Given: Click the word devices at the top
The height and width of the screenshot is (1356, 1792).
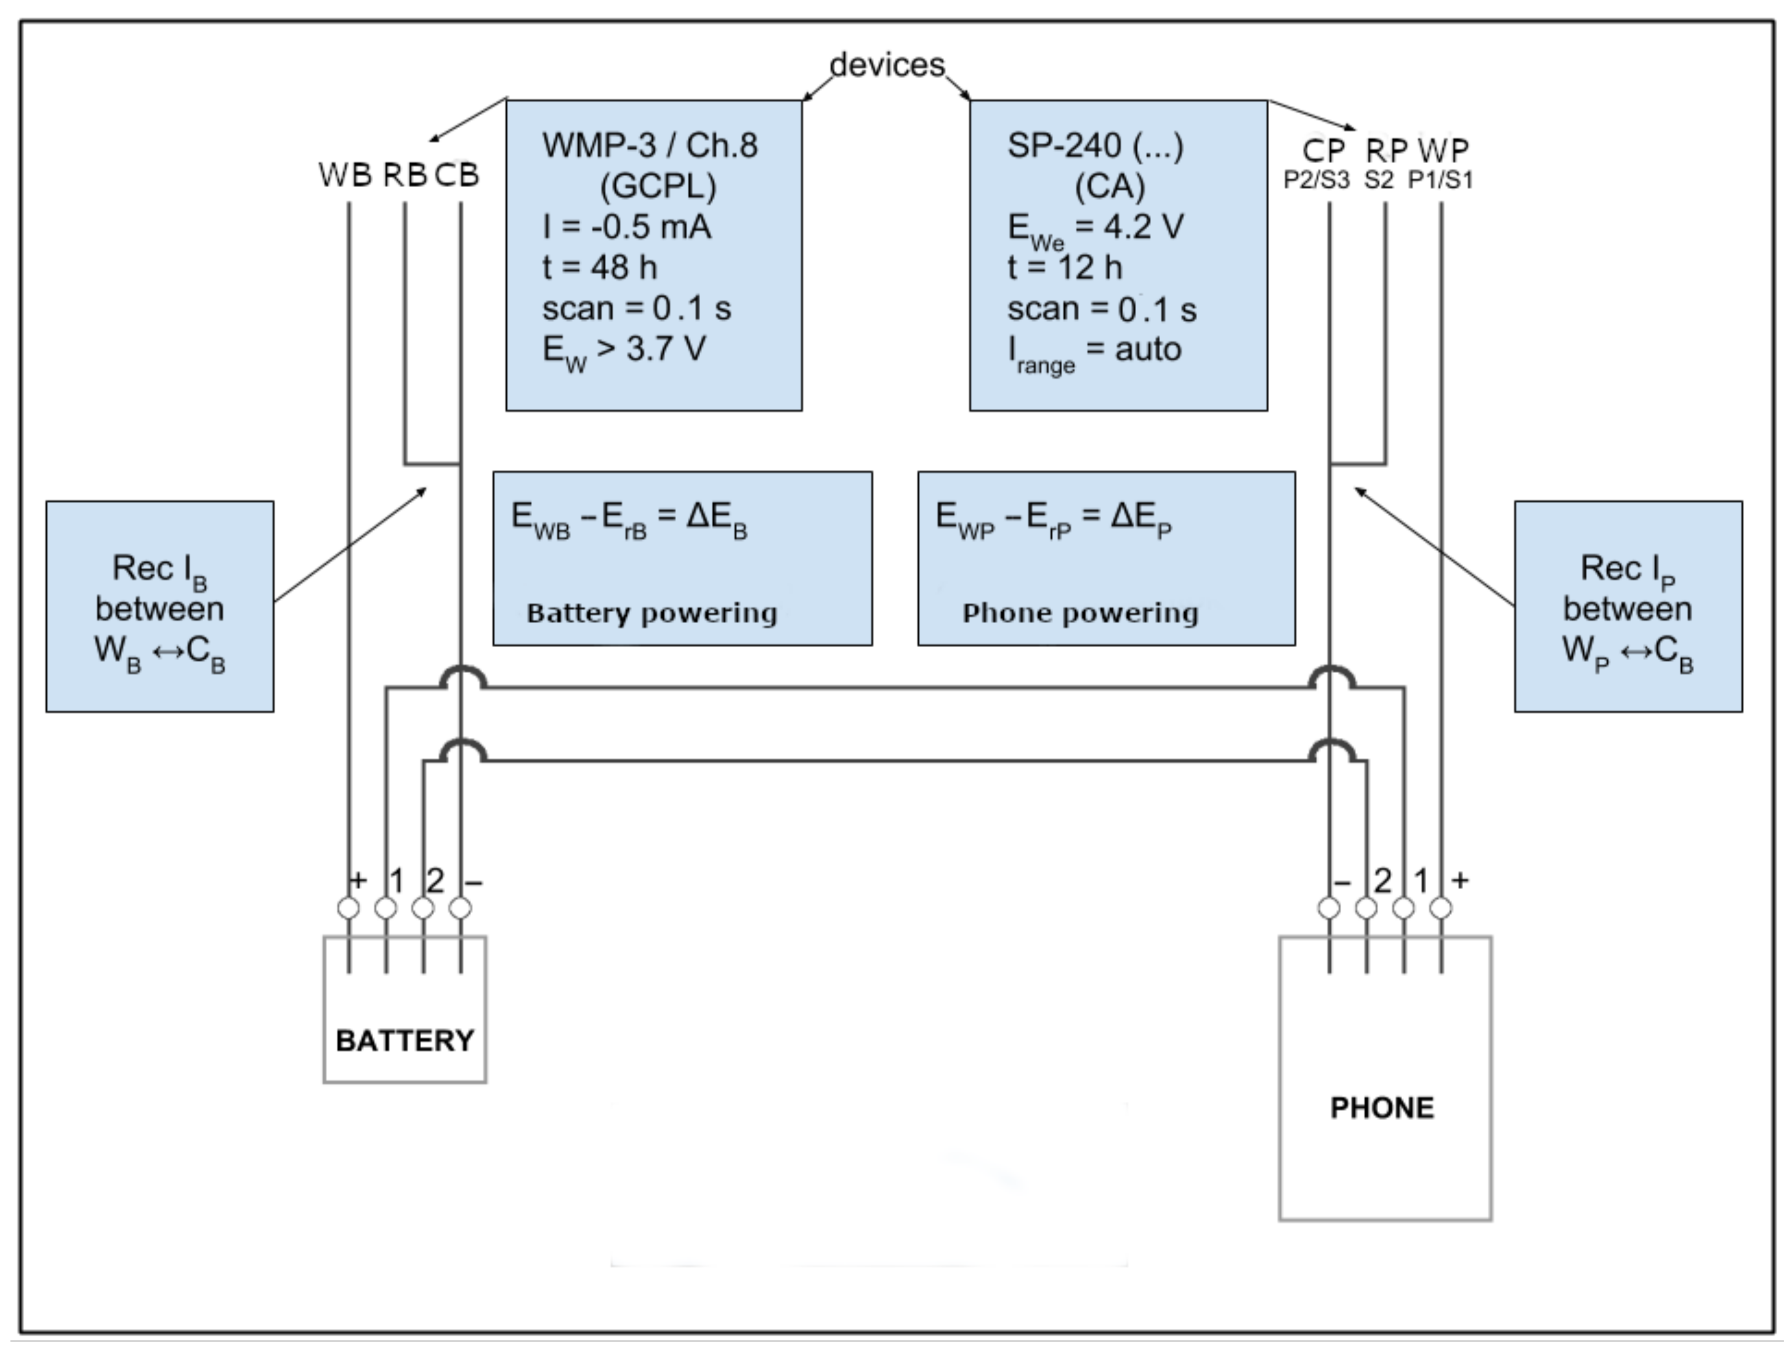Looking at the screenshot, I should click(887, 65).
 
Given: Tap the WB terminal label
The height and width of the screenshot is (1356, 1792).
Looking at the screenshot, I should click(345, 175).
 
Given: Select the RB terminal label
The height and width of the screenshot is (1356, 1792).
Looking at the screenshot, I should click(404, 175).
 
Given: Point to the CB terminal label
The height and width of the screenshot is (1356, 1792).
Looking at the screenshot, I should click(457, 175).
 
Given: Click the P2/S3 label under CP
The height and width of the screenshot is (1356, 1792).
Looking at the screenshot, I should click(1317, 180).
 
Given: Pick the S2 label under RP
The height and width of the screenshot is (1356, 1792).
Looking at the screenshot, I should click(1379, 180).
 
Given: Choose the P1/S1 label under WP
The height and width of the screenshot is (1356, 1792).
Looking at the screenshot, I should click(1440, 180).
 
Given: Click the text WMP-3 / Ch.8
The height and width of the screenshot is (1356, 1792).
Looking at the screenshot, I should click(650, 146).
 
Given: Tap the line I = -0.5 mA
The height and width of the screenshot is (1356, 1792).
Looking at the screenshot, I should click(626, 227).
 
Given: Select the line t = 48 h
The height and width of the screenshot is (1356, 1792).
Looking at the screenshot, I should click(600, 267).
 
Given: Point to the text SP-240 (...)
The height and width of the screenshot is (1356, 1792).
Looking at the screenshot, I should click(1096, 146).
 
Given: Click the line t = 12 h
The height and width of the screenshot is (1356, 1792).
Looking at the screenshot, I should click(1065, 267).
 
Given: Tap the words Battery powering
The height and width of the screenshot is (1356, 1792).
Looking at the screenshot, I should click(652, 613).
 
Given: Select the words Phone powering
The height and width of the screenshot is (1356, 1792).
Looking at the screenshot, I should click(1080, 613).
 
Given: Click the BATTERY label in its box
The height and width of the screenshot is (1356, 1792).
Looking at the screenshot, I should click(405, 1040).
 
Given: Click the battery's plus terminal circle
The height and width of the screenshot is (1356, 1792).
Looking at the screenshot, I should click(349, 908).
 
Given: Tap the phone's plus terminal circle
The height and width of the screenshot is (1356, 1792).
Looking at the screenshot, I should click(1440, 908).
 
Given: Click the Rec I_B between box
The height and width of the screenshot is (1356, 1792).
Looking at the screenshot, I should click(159, 607).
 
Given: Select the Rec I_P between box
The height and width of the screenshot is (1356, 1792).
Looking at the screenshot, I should click(1628, 607).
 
